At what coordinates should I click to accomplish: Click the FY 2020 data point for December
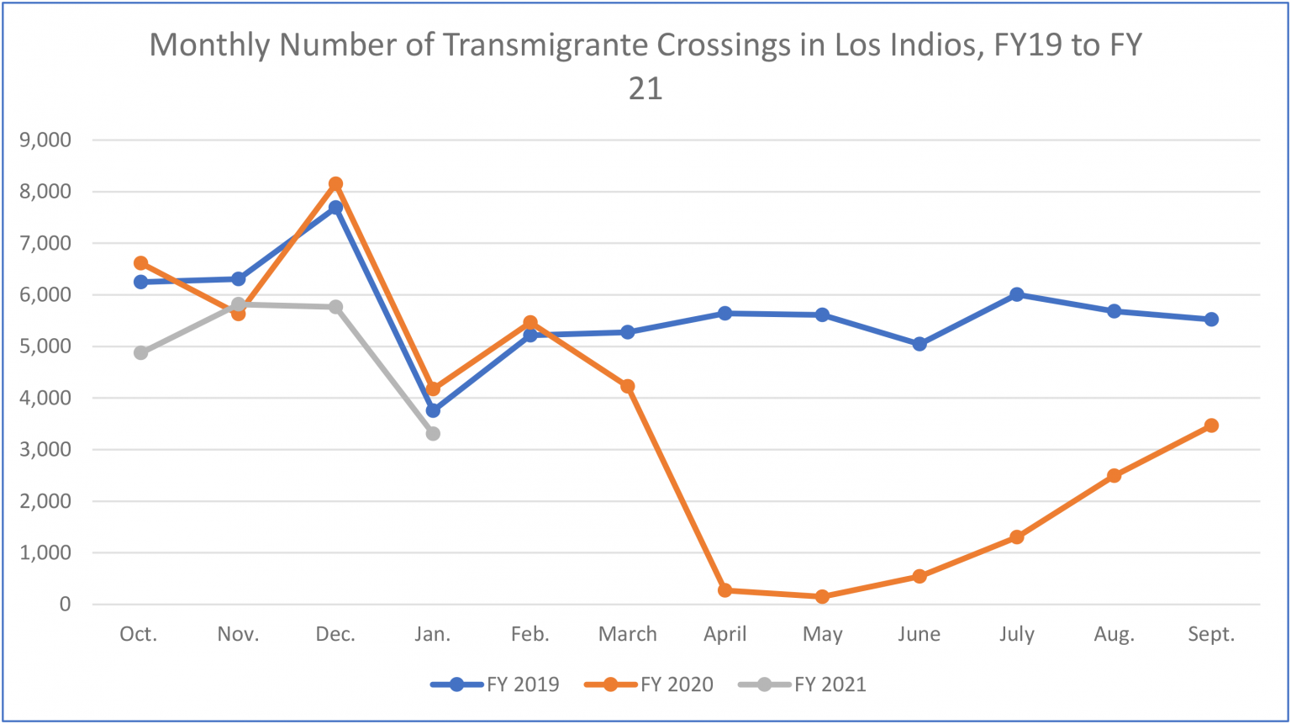pos(335,183)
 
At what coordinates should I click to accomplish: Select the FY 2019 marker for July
pos(1017,294)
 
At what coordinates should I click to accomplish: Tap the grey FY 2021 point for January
pos(433,433)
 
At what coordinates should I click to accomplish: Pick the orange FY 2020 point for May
pos(822,596)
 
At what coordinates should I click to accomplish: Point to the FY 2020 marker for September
pos(1211,425)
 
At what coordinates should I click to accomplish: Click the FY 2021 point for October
pos(140,352)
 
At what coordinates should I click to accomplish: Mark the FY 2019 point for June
pos(920,344)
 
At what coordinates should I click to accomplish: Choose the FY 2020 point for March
pos(627,386)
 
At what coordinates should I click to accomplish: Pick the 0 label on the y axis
pos(65,604)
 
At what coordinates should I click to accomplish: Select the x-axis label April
pos(725,634)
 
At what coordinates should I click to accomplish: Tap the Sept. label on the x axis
pos(1211,634)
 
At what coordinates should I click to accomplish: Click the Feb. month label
pos(530,634)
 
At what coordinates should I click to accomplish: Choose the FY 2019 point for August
pos(1114,311)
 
